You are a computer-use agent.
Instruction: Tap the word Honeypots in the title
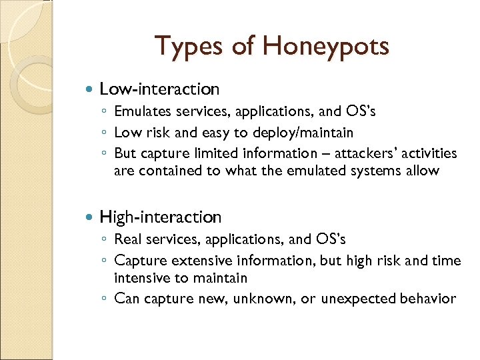click(x=327, y=47)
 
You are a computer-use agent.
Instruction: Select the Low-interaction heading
click(x=159, y=89)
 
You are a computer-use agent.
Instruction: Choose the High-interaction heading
click(x=161, y=217)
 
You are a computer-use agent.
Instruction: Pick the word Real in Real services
click(x=128, y=239)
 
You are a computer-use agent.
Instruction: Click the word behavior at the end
click(x=428, y=299)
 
